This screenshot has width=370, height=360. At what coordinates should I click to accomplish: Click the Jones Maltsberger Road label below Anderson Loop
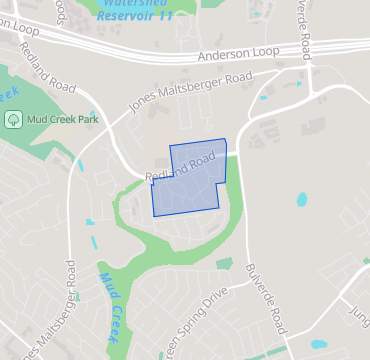190,92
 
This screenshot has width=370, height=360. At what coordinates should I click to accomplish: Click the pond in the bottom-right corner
319,343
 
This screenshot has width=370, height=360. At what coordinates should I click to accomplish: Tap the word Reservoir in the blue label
134,18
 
